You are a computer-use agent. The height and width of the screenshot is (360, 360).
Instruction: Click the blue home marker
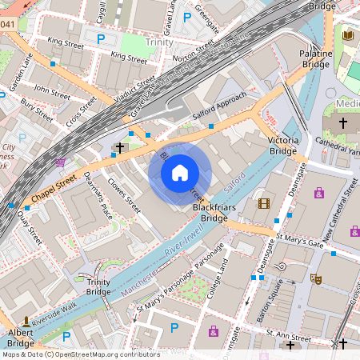(180, 172)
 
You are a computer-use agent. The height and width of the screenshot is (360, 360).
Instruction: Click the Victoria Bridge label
(284, 145)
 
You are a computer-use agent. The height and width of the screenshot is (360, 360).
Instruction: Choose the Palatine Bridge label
(315, 59)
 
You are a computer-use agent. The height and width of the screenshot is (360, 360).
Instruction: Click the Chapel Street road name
(54, 188)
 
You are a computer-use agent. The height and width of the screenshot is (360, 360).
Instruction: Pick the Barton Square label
(278, 292)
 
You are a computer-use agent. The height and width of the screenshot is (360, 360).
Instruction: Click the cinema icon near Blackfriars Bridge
(264, 202)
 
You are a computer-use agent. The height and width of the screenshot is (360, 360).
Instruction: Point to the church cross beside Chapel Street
(120, 148)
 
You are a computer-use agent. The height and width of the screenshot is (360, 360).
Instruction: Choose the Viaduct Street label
(134, 92)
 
